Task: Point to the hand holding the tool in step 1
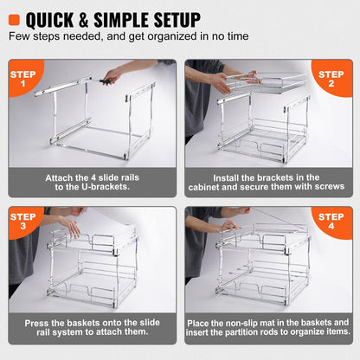coord(108,79)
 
